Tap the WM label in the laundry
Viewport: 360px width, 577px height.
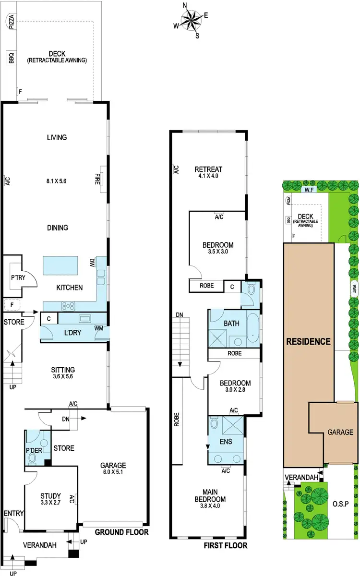tap(99, 328)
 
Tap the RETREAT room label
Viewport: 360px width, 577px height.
tap(208, 169)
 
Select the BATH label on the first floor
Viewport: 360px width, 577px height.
tap(231, 324)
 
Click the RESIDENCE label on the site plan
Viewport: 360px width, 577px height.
tap(309, 342)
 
